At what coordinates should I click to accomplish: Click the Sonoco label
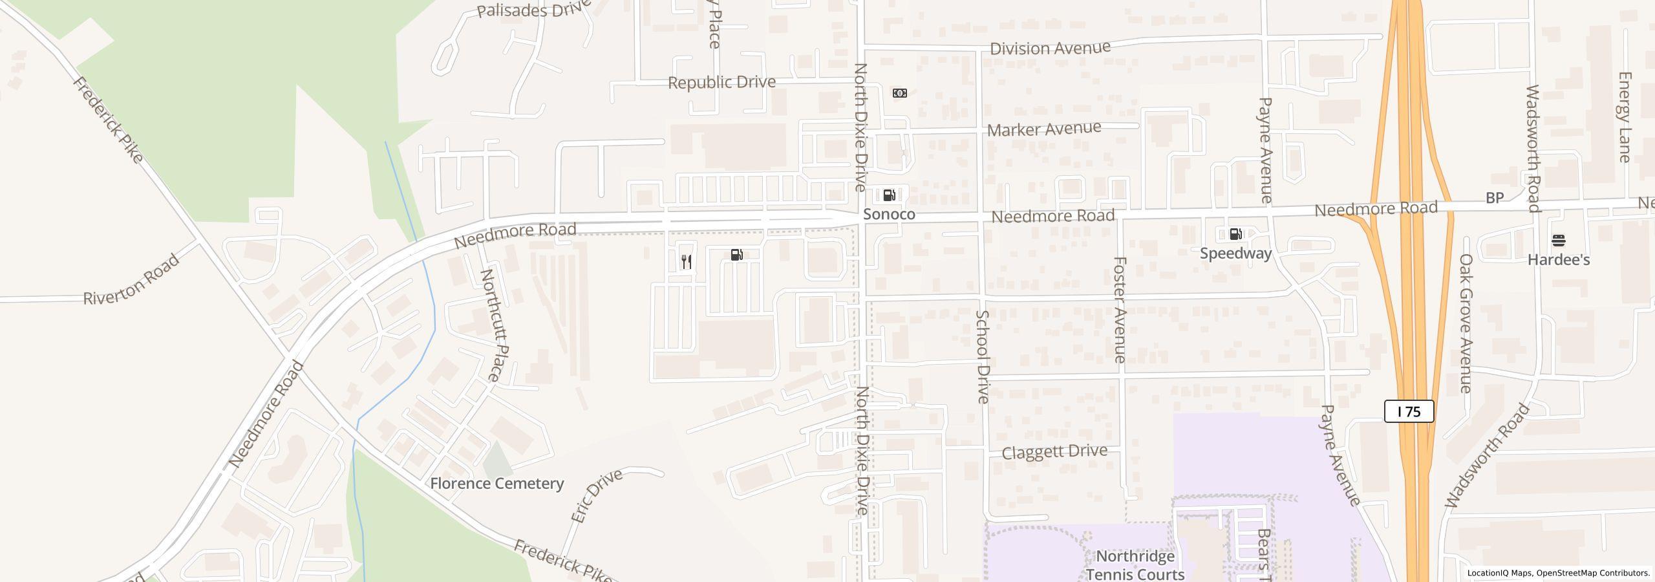click(889, 214)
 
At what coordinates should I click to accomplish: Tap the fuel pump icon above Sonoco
click(889, 195)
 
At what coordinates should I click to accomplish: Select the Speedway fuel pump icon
click(1235, 234)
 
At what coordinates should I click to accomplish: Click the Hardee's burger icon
click(1559, 241)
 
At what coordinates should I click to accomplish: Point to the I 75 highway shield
click(1409, 411)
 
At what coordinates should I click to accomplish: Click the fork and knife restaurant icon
click(687, 261)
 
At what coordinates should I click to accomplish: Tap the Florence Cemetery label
click(496, 483)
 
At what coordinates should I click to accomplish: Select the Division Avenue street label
click(1050, 48)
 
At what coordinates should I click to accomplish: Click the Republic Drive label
click(721, 82)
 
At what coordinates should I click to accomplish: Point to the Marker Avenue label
click(1043, 129)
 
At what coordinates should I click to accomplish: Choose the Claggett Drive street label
click(1054, 451)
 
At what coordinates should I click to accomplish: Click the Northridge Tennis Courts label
click(1135, 565)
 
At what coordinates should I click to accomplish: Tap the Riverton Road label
click(132, 280)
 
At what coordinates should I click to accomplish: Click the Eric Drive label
click(596, 495)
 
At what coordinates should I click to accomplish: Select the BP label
click(1494, 198)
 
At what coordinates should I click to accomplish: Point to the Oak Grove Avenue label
click(1466, 323)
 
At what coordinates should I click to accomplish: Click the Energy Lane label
click(1624, 116)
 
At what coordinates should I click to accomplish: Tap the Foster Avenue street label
click(1120, 309)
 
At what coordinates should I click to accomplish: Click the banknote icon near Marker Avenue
click(899, 93)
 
